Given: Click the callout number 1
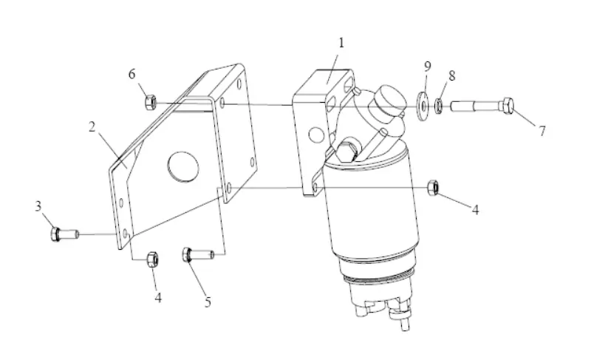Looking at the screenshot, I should pyautogui.click(x=341, y=43).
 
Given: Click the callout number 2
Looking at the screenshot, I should pyautogui.click(x=92, y=127).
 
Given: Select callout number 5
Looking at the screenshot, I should pyautogui.click(x=208, y=302).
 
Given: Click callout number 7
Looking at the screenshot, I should pyautogui.click(x=542, y=132).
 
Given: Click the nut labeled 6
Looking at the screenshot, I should pyautogui.click(x=148, y=100).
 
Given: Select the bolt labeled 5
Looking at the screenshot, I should pyautogui.click(x=197, y=255).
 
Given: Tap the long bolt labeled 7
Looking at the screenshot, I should pyautogui.click(x=484, y=107).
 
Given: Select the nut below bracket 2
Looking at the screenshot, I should pyautogui.click(x=153, y=258).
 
